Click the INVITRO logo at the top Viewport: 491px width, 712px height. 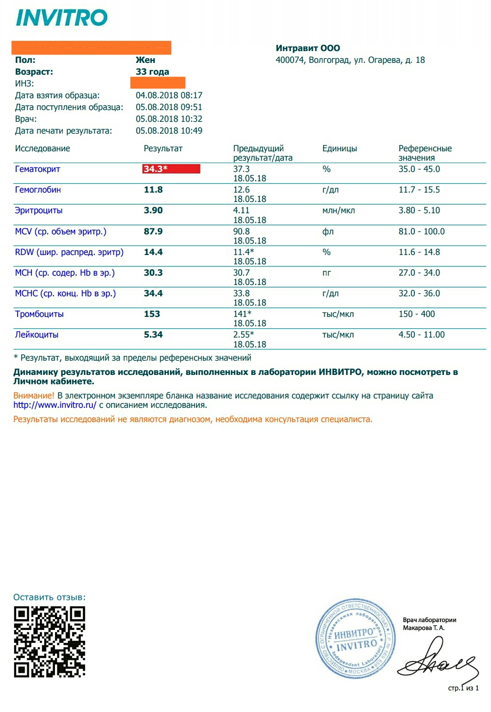point(62,18)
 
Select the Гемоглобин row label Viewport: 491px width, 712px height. point(38,190)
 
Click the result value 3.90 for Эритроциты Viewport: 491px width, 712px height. point(153,210)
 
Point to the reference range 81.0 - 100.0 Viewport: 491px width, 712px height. point(421,231)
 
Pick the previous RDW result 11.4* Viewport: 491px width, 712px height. point(244,252)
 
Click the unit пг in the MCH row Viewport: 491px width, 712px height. point(327,273)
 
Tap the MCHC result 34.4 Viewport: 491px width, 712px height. point(153,293)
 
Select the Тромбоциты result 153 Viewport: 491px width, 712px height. point(152,314)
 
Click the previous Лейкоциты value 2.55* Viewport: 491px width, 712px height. point(244,335)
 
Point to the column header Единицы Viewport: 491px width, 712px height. point(339,148)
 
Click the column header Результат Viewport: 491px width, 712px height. point(163,148)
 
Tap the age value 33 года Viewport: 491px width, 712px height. point(152,72)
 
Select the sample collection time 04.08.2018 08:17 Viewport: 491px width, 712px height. point(169,95)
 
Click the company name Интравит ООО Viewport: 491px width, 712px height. point(308,48)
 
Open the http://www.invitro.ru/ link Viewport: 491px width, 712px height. point(55,405)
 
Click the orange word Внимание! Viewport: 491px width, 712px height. point(34,396)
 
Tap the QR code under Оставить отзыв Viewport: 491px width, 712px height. point(50,642)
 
